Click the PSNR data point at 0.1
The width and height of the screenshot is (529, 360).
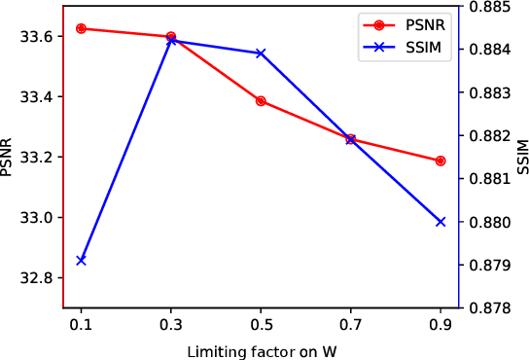(81, 28)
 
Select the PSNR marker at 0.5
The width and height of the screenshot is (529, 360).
(261, 101)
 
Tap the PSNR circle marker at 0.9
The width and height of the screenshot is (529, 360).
(441, 161)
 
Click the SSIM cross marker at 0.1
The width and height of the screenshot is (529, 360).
(81, 260)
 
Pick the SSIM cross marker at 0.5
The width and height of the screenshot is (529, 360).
(261, 53)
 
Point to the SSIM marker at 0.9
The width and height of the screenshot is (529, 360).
(441, 222)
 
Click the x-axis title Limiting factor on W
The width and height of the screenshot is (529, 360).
(261, 349)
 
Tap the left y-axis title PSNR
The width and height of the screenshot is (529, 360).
(9, 157)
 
